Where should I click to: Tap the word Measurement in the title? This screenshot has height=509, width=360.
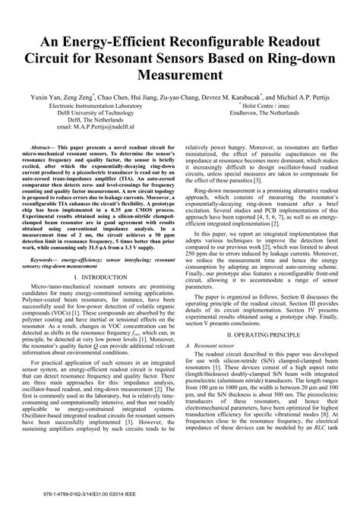pos(180,76)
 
